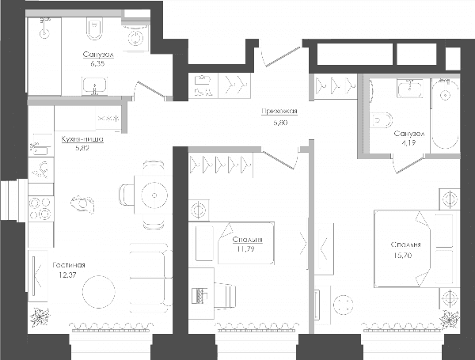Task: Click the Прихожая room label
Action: point(279,112)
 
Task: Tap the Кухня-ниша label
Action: point(82,139)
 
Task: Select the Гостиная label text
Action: point(69,265)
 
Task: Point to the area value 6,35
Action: point(97,63)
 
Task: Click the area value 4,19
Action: point(408,143)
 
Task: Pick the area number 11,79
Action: point(246,249)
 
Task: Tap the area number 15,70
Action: point(403,256)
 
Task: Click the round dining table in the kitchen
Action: point(154,195)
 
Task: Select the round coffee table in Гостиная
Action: point(99,292)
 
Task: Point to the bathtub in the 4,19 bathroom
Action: point(445,114)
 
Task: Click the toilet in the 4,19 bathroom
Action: point(382,120)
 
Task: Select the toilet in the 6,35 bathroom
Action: point(94,28)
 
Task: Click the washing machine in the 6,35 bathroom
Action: point(135,37)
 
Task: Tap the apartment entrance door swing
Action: point(281,56)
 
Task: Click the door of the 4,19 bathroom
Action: point(408,164)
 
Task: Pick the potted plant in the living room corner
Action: point(40,316)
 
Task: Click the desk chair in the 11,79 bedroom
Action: point(225,295)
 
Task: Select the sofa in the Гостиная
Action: point(150,278)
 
